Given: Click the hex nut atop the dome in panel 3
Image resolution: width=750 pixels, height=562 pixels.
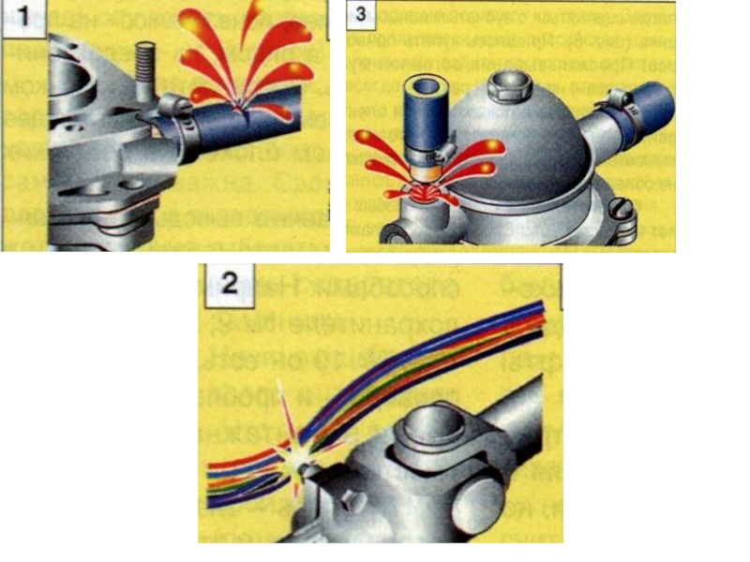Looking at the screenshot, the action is tap(511, 86).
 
